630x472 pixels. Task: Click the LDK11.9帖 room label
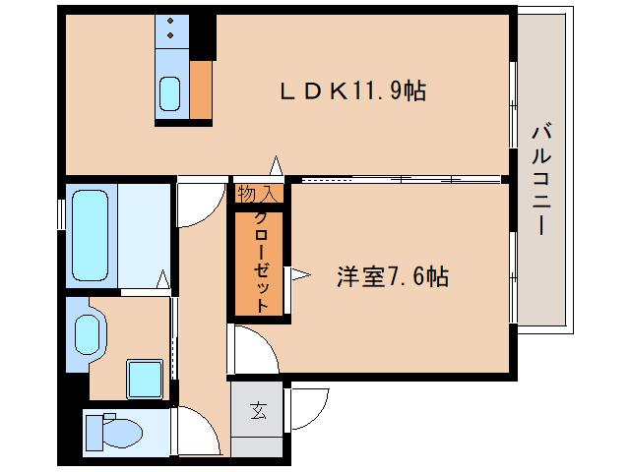[x=353, y=91]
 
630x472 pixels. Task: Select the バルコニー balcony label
[x=540, y=178]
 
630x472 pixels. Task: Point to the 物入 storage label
[x=258, y=194]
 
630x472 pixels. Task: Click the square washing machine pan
[x=145, y=378]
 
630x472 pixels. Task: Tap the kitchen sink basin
[x=169, y=95]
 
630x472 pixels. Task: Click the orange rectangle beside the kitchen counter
[x=201, y=90]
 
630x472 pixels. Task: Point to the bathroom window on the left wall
[x=61, y=212]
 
